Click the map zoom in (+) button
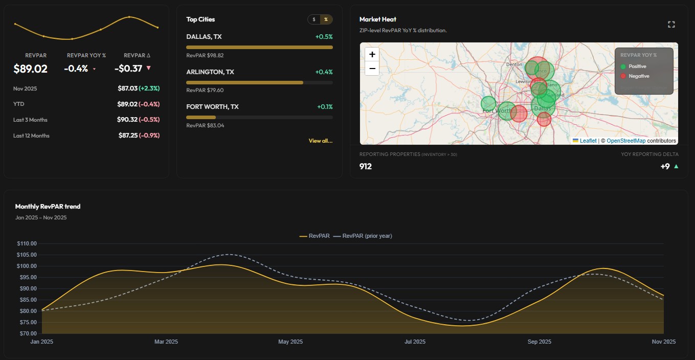[372, 54]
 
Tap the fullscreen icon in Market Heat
[671, 25]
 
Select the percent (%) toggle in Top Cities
[326, 19]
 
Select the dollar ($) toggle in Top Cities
[314, 19]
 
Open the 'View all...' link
[320, 141]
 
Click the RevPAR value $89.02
[30, 69]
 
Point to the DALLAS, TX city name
[204, 37]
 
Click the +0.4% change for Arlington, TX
[324, 72]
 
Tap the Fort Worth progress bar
[259, 118]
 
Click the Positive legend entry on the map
[637, 66]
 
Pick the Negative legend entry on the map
[638, 76]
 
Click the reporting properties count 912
[366, 166]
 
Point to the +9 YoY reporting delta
[664, 166]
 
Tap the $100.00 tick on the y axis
[26, 266]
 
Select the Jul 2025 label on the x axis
[415, 342]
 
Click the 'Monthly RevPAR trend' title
[48, 207]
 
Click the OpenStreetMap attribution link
[626, 141]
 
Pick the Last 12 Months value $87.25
[127, 136]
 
